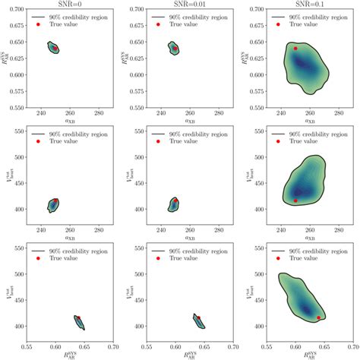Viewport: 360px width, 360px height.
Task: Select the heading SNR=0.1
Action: coord(311,4)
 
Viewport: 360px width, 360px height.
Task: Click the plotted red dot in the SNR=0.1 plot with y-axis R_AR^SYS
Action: coord(295,48)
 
